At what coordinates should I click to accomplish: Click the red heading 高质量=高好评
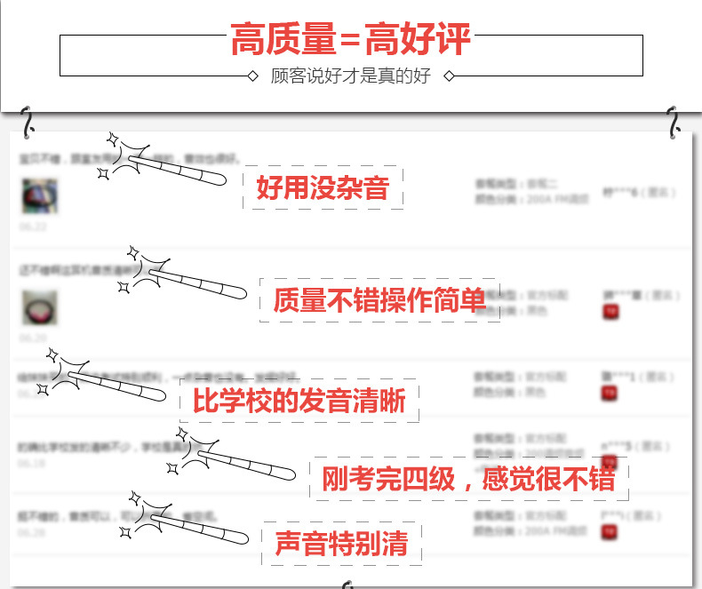[x=350, y=39]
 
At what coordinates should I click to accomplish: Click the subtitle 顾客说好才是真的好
[x=350, y=76]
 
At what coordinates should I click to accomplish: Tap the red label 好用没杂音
[x=323, y=188]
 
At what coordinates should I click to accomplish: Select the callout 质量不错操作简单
[x=379, y=300]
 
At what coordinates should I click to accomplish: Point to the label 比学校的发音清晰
[x=299, y=400]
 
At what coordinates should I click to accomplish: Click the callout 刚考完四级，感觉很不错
[x=467, y=479]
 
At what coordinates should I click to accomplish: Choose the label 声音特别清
[x=341, y=543]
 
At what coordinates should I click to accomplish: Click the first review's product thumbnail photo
[x=40, y=195]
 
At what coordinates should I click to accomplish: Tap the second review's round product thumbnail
[x=40, y=307]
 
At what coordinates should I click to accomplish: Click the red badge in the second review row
[x=610, y=312]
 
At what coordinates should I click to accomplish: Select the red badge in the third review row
[x=609, y=393]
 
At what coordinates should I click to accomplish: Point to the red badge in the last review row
[x=610, y=531]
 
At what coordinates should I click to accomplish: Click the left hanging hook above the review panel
[x=28, y=123]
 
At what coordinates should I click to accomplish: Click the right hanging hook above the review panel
[x=673, y=123]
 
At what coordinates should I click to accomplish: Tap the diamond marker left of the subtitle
[x=252, y=76]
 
